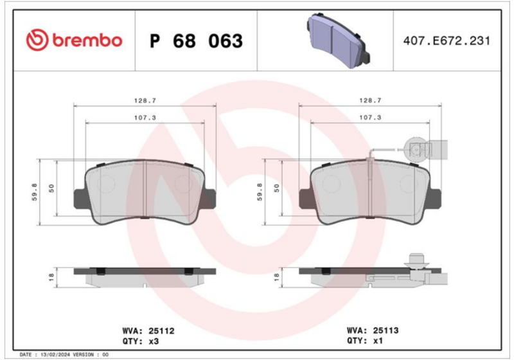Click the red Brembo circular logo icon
point(37,40)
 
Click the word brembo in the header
point(87,40)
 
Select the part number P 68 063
point(196,41)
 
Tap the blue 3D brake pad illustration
point(339,40)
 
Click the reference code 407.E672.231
point(447,40)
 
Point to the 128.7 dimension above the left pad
point(145,101)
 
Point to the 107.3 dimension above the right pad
point(370,118)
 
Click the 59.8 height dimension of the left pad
point(35,192)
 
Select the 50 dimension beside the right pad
point(277,188)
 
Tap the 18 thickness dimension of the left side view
point(51,277)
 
